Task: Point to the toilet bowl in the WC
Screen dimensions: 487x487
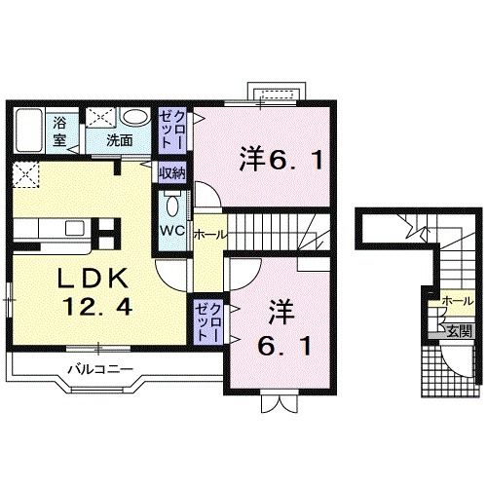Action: (171, 206)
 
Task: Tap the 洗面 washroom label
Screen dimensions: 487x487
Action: (120, 140)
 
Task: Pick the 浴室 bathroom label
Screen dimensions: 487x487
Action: (58, 131)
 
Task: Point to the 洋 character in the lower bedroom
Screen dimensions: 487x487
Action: (281, 313)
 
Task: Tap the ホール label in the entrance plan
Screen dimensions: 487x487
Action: (454, 302)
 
